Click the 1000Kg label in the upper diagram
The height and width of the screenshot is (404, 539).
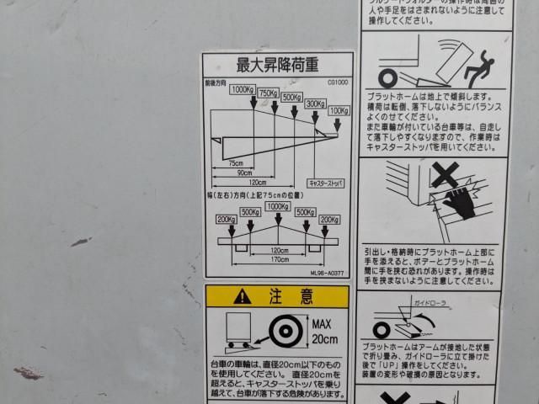click(x=243, y=89)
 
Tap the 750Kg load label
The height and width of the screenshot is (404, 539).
click(x=269, y=93)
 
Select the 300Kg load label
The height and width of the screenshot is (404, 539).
click(x=315, y=104)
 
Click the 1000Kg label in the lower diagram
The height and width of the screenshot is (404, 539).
click(x=276, y=206)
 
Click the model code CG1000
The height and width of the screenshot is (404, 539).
click(x=337, y=82)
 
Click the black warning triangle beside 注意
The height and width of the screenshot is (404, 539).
click(x=243, y=295)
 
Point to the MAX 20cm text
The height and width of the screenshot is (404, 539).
click(x=324, y=331)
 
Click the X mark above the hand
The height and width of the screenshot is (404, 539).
click(x=446, y=175)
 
